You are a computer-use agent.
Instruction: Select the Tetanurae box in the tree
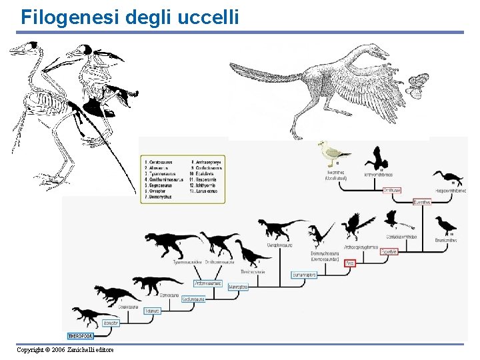pos(153,311)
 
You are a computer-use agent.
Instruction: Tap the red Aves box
pos(350,263)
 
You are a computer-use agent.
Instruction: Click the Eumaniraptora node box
pos(303,275)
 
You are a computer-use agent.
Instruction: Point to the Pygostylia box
pos(389,252)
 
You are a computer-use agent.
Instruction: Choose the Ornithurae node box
pos(392,190)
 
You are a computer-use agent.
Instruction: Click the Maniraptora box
pos(238,287)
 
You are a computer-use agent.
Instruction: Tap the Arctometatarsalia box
pos(207,283)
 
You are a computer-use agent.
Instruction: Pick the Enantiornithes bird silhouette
pos(445,225)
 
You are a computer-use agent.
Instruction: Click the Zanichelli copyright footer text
pos(65,350)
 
